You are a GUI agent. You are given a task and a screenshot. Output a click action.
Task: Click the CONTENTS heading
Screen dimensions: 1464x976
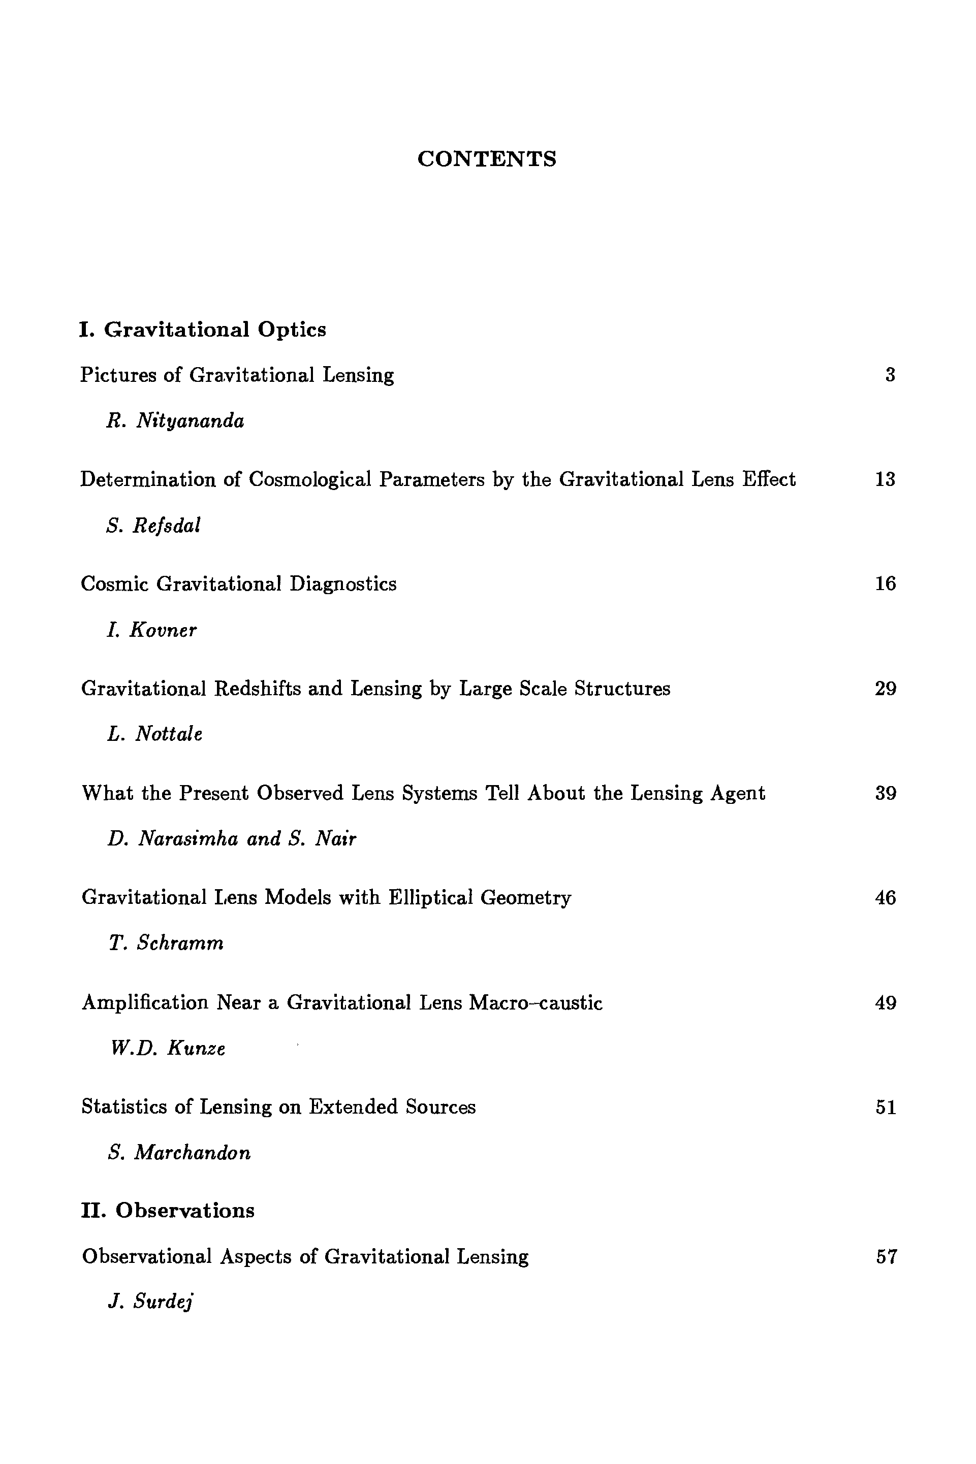click(x=487, y=159)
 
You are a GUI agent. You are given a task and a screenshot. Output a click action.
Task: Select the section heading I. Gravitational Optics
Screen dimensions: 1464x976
click(x=202, y=329)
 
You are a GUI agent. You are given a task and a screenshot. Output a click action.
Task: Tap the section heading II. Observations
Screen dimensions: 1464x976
click(x=168, y=1211)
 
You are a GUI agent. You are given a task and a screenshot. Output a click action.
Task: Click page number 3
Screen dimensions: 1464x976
click(x=890, y=375)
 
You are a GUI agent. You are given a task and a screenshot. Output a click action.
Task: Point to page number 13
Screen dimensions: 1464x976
click(x=885, y=480)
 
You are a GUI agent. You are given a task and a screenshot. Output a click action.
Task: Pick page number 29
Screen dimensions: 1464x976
click(x=885, y=689)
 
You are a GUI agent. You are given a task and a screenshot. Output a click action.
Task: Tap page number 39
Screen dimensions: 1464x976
click(x=885, y=793)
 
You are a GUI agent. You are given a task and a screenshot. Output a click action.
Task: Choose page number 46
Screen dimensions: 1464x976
click(x=885, y=898)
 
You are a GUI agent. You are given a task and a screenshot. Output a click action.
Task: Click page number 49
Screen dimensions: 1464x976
click(x=885, y=1003)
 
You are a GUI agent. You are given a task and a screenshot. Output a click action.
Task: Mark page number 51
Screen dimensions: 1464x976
click(x=885, y=1108)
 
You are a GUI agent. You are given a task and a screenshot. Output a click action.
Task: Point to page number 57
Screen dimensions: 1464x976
click(x=887, y=1257)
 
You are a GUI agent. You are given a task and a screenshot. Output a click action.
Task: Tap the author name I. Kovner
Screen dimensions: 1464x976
click(x=151, y=631)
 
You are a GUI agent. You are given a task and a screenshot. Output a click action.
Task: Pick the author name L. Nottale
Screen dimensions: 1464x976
click(x=154, y=735)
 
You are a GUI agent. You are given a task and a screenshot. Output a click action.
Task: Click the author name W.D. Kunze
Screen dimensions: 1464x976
click(x=168, y=1049)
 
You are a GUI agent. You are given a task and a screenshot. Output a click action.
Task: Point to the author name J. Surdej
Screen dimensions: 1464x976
click(x=150, y=1302)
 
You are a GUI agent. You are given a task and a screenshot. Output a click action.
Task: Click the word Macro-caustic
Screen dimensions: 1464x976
click(x=536, y=1003)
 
